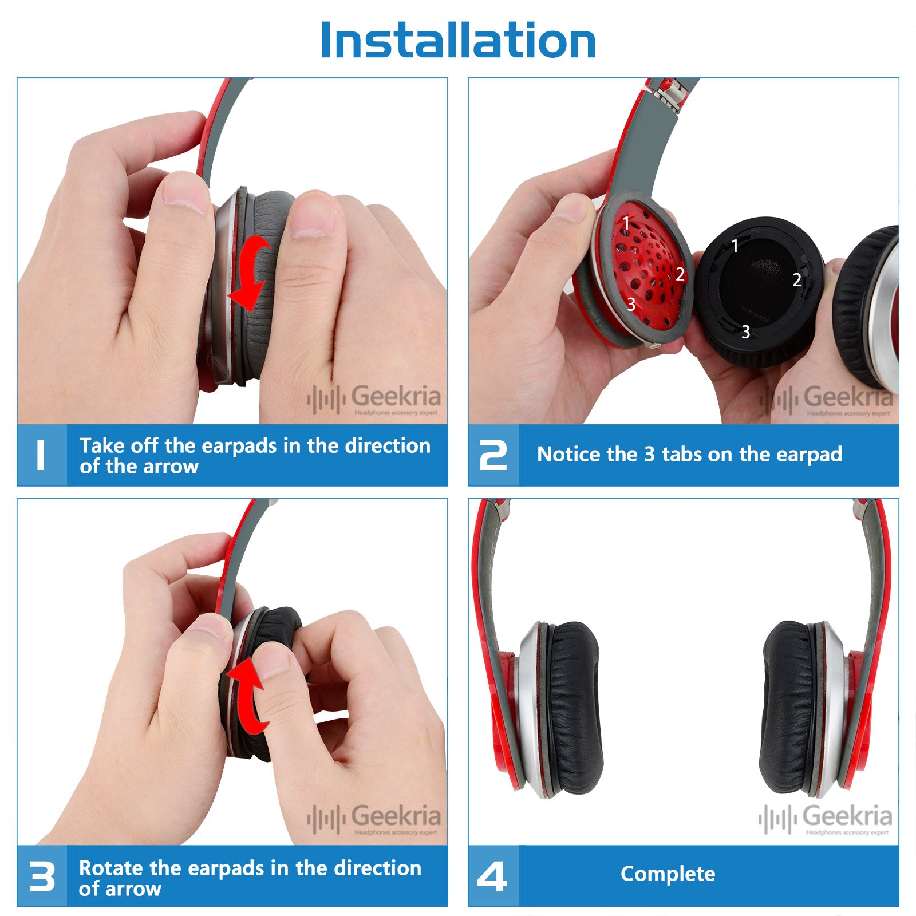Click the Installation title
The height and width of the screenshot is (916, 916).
[x=458, y=40]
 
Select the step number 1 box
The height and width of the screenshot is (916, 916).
[x=42, y=455]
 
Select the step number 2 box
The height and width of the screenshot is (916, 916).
[x=493, y=455]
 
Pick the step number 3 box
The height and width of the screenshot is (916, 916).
[x=42, y=876]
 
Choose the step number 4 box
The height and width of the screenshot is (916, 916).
[x=493, y=876]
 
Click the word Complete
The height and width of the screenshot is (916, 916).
[x=668, y=874]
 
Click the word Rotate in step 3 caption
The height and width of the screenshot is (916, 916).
[x=112, y=868]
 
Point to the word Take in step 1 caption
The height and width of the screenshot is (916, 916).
[x=103, y=445]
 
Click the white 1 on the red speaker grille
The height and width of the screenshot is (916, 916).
[x=626, y=222]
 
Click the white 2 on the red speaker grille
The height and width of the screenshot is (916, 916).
[x=680, y=274]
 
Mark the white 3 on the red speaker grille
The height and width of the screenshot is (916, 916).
[x=631, y=304]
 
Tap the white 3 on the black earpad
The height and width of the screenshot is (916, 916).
[x=745, y=331]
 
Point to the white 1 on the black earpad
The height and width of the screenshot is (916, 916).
[x=735, y=246]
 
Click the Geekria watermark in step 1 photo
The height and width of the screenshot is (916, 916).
[x=374, y=399]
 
